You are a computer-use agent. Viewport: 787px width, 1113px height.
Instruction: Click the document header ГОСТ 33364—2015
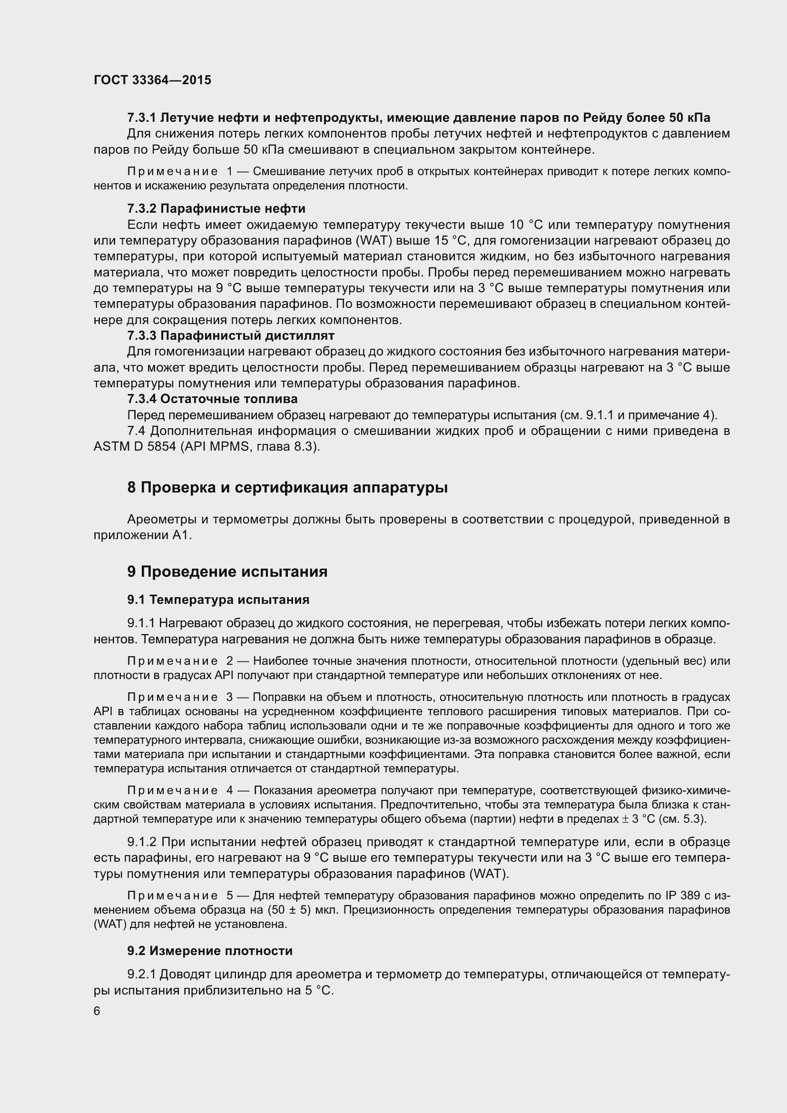pyautogui.click(x=152, y=80)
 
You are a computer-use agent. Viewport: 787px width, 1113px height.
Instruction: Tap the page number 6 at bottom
pyautogui.click(x=97, y=1011)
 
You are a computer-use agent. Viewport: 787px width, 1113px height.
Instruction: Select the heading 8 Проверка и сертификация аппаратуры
pyautogui.click(x=287, y=488)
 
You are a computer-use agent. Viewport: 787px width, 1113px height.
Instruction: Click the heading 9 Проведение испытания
pyautogui.click(x=227, y=572)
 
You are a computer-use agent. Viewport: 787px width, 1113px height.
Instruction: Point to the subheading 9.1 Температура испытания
pyautogui.click(x=218, y=600)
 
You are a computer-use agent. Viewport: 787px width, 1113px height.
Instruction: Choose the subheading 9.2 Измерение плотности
pyautogui.click(x=210, y=951)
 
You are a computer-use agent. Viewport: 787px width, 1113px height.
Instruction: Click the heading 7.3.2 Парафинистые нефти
pyautogui.click(x=216, y=208)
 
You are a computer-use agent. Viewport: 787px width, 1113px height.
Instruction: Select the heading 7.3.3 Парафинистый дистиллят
pyautogui.click(x=231, y=335)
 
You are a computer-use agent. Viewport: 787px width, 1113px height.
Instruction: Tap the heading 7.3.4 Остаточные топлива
pyautogui.click(x=212, y=399)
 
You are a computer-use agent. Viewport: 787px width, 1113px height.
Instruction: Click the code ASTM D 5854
pyautogui.click(x=135, y=446)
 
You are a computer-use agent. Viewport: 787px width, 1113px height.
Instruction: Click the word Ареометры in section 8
pyautogui.click(x=160, y=520)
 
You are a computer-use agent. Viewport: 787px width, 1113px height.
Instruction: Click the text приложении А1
pyautogui.click(x=142, y=536)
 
